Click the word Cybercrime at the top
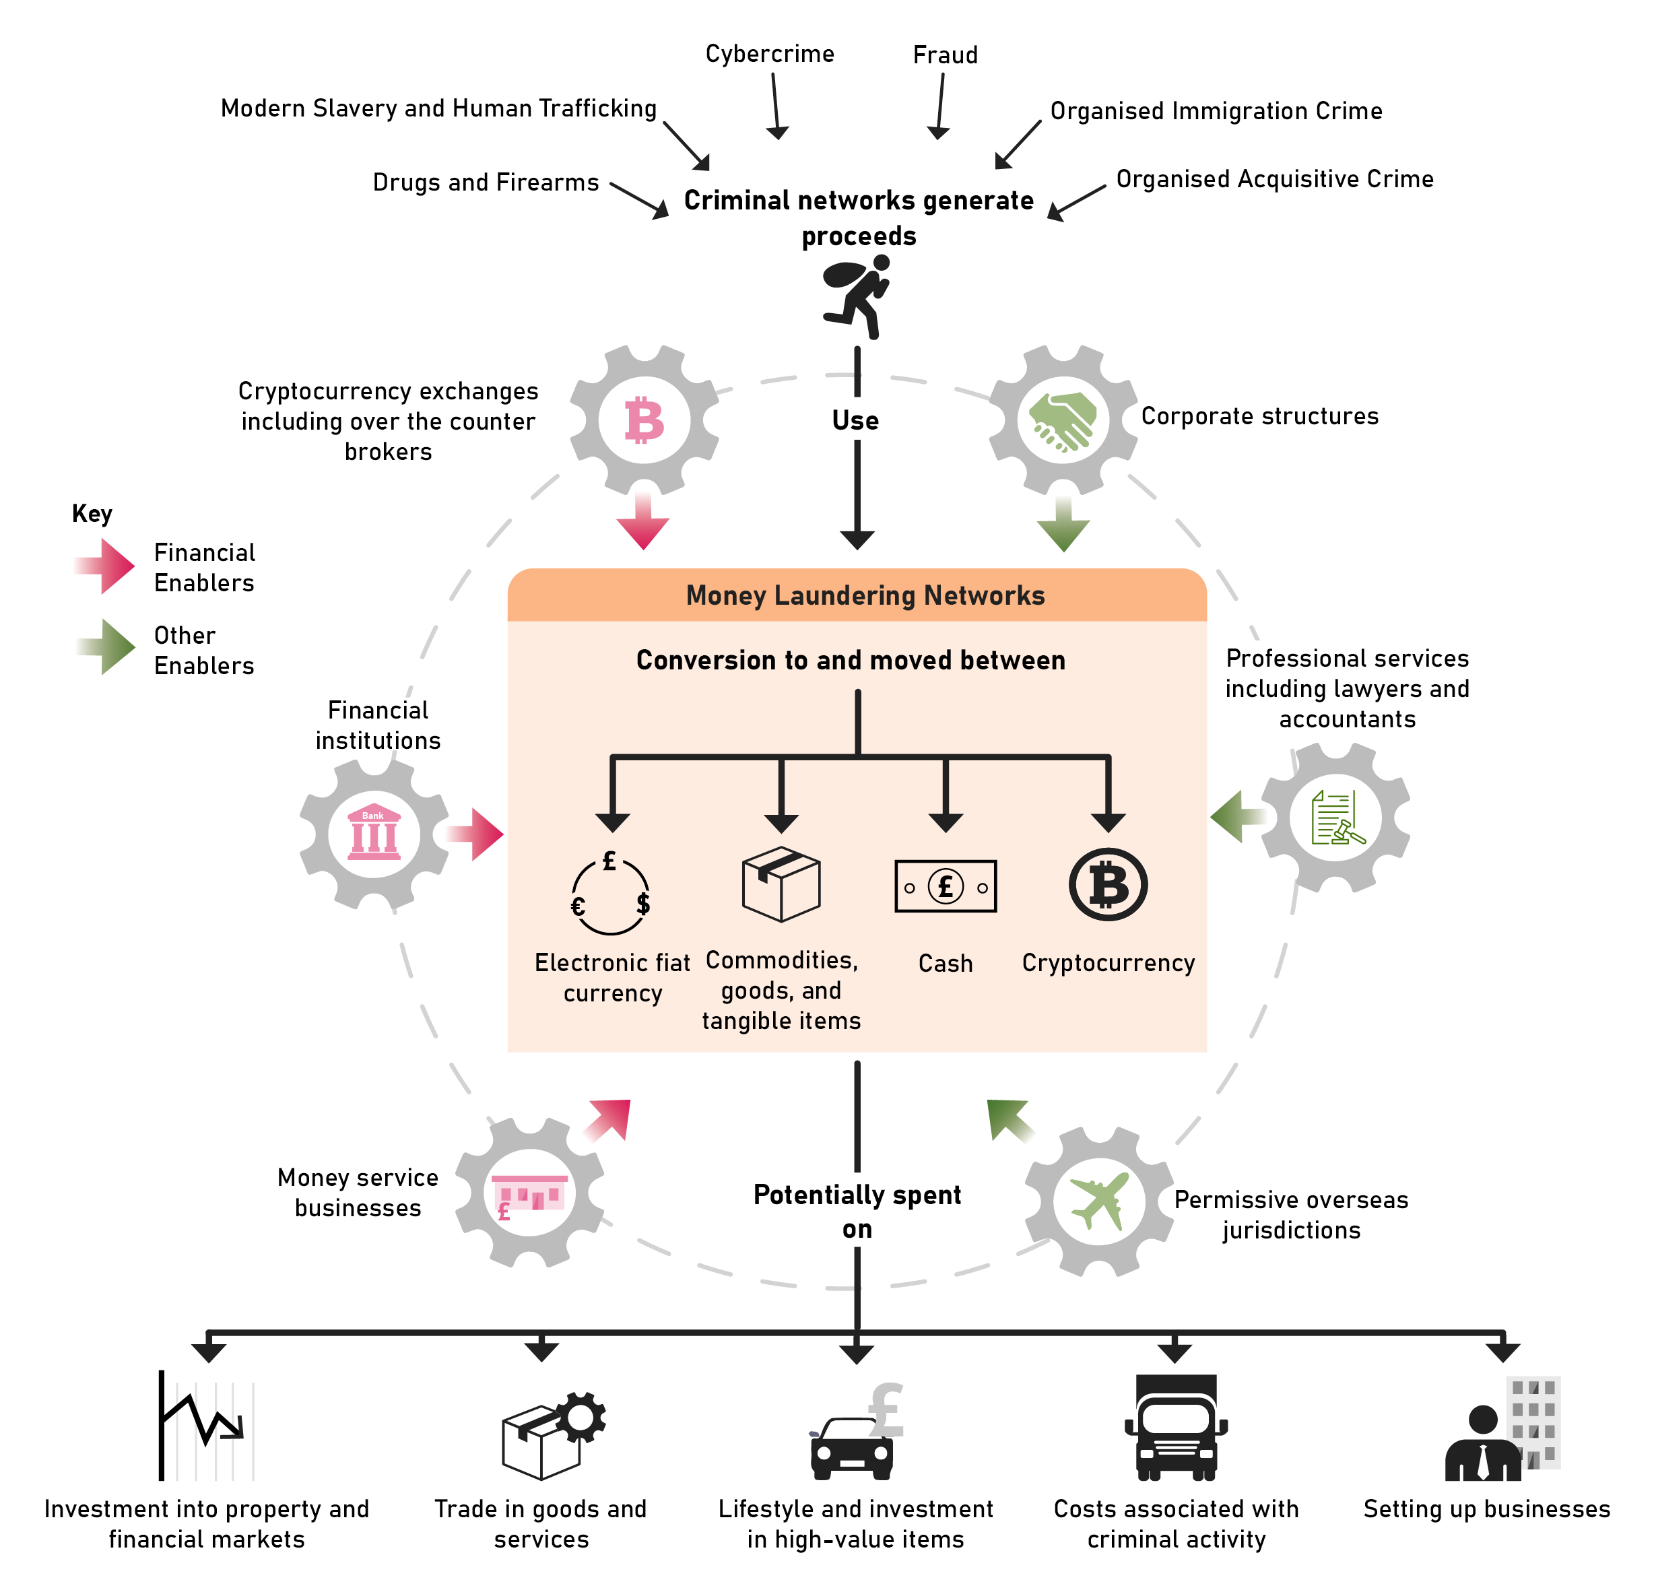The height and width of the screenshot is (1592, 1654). click(x=770, y=54)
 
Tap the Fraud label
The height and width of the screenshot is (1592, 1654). click(x=945, y=55)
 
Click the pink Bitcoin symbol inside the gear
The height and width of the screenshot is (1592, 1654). click(x=644, y=420)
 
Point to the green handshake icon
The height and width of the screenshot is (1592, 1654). click(x=1063, y=421)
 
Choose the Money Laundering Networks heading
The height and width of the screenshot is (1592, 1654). click(x=865, y=595)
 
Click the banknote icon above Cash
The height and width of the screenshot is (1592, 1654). click(x=945, y=886)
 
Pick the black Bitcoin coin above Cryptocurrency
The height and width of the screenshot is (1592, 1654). click(x=1108, y=885)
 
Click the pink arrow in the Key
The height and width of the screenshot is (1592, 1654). click(x=106, y=566)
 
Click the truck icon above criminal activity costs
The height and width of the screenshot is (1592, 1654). click(x=1176, y=1428)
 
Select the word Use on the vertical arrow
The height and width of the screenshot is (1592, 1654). click(x=856, y=420)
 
